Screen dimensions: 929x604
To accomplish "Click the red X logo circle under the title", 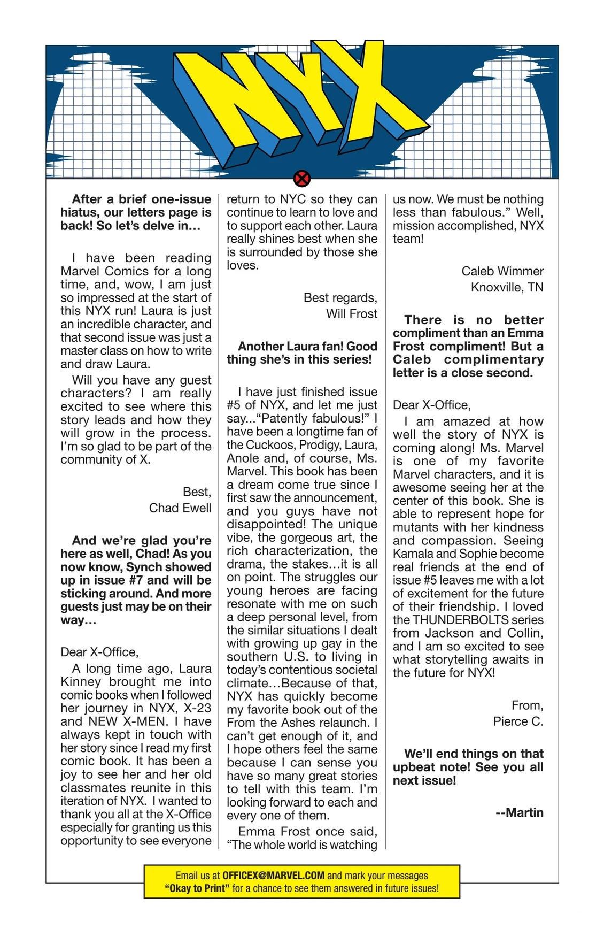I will (x=302, y=178).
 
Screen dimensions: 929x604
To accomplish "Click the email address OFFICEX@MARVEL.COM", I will (x=273, y=876).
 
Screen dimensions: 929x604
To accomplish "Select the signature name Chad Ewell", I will (x=180, y=508).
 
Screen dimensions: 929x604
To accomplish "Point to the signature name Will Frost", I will (x=352, y=313).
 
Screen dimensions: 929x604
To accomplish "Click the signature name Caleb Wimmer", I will (x=502, y=271).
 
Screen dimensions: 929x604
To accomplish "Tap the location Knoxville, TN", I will (x=507, y=287).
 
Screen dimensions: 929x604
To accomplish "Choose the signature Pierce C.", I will (x=518, y=721).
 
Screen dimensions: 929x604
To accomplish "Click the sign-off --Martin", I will (x=520, y=812).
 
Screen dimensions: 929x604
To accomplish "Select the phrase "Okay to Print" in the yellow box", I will (x=197, y=888).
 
